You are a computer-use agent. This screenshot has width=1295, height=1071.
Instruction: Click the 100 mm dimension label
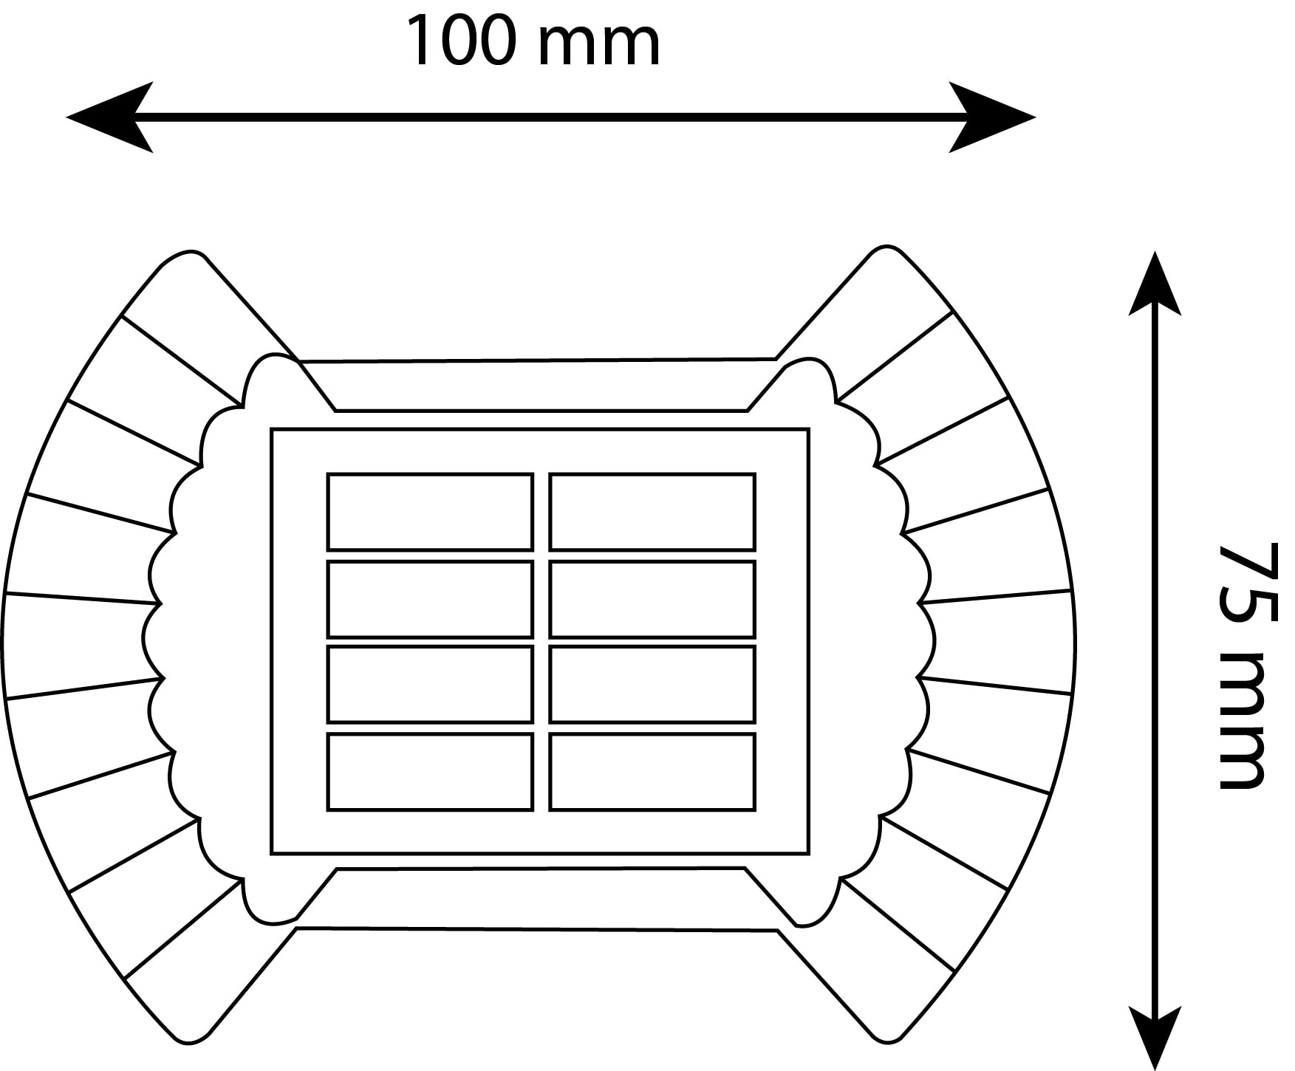coord(533,43)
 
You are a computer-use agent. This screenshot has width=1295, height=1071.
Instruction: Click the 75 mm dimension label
coord(1241,665)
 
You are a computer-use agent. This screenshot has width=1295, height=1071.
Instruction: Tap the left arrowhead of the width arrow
coord(111,117)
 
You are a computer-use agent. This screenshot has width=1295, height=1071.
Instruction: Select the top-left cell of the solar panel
coord(430,512)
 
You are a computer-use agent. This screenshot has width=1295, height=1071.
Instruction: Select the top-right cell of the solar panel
coord(652,512)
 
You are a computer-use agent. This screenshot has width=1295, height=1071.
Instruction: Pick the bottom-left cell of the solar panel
coord(430,772)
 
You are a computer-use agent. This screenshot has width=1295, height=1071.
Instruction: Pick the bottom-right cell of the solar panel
coord(652,772)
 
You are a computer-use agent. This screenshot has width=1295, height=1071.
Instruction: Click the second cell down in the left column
coord(430,599)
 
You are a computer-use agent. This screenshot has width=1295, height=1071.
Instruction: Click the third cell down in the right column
coord(652,684)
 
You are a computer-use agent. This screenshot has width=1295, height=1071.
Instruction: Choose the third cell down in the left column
coord(430,684)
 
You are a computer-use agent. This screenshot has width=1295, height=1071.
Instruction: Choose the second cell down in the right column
coord(652,599)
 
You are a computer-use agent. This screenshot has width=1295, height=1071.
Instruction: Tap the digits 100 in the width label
coord(459,43)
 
